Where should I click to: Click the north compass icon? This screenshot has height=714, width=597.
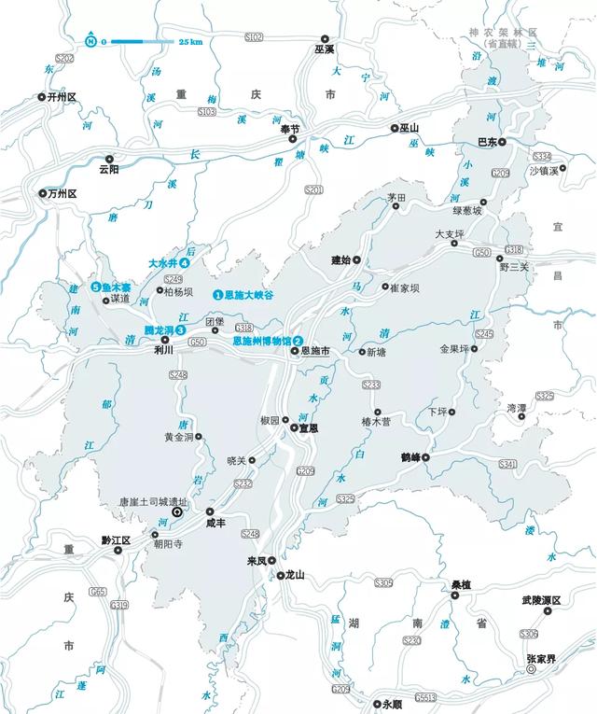point(90,40)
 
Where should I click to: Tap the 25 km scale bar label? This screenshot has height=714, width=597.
point(190,41)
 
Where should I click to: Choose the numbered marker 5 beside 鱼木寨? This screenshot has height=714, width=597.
point(95,287)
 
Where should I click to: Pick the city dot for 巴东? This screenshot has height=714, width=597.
point(502,143)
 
